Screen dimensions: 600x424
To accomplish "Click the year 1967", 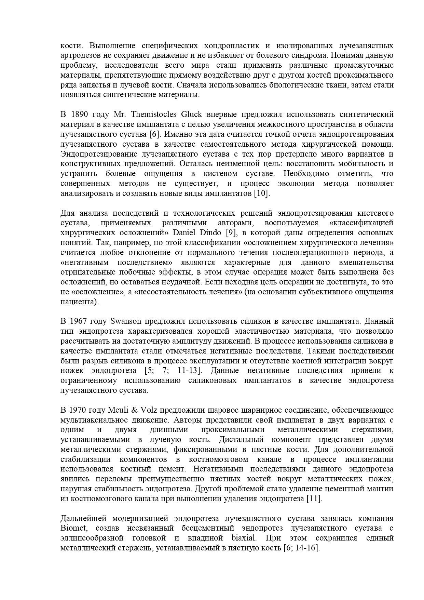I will (79, 321).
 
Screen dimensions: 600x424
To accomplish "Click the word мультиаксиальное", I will (95, 420).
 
